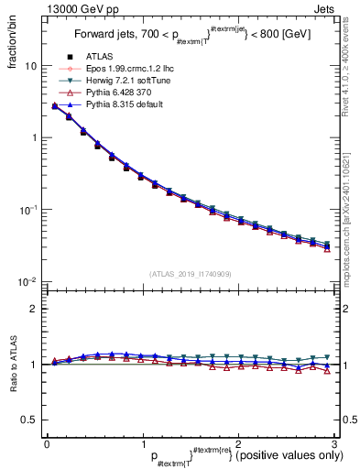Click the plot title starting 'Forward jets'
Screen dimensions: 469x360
coord(184,40)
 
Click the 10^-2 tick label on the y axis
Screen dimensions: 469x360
coord(27,281)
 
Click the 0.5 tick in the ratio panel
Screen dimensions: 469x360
coord(29,420)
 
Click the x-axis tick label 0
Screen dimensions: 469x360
coord(47,444)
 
